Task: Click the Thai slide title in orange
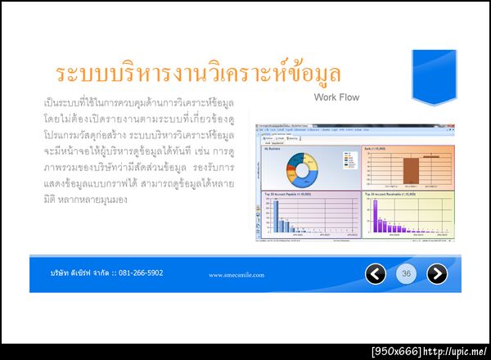pyautogui.click(x=197, y=74)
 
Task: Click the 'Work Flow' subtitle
pyautogui.click(x=336, y=97)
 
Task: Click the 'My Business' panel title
pyautogui.click(x=271, y=149)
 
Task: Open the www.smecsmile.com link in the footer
pyautogui.click(x=236, y=275)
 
